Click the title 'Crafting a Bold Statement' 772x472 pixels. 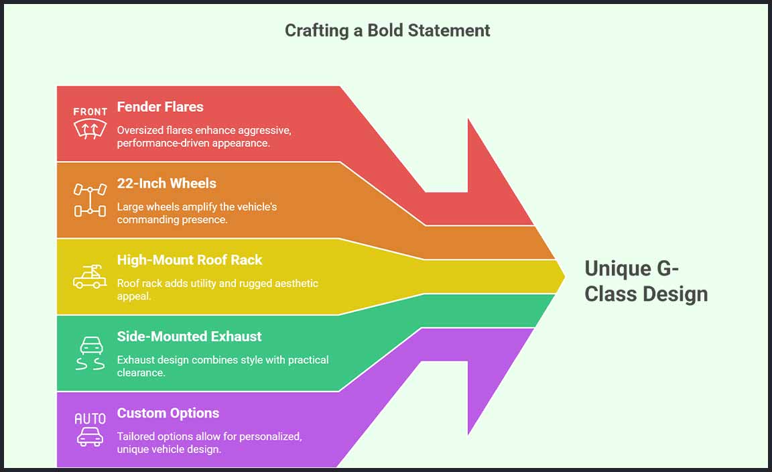tap(387, 31)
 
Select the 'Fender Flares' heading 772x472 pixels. tap(160, 107)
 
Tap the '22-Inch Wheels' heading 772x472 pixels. tap(167, 183)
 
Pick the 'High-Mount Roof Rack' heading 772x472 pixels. tap(190, 259)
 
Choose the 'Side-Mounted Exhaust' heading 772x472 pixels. tap(189, 337)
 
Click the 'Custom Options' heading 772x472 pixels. tap(168, 413)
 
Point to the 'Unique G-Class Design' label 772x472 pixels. tap(645, 282)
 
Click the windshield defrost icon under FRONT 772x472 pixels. tap(90, 129)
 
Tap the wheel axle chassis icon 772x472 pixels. tap(90, 200)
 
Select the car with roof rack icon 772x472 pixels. tap(90, 276)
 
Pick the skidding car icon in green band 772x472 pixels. tap(90, 353)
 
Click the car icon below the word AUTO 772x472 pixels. tap(90, 437)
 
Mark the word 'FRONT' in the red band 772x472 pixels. tap(90, 111)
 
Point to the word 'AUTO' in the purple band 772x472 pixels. tap(90, 418)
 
